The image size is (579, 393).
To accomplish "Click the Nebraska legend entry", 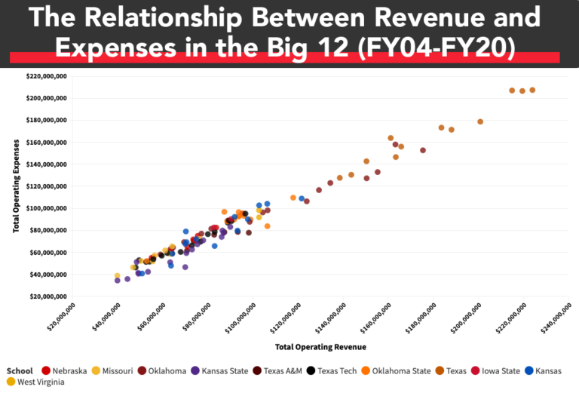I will pos(66,370).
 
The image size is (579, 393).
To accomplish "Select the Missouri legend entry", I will pos(112,370).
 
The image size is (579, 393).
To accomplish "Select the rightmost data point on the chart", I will pos(532,90).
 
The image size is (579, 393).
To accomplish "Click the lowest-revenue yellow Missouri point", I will pos(117,276).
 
